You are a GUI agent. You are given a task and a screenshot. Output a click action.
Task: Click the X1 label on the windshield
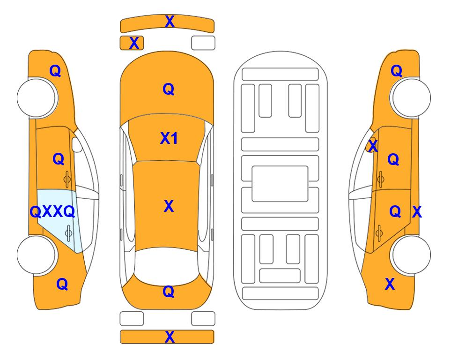169,139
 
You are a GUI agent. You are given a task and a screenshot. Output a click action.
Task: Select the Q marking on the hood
169,89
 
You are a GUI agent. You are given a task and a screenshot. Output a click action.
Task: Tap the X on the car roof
169,206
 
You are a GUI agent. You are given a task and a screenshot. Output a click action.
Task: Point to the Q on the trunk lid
169,292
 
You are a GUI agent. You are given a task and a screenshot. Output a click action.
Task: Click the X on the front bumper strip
170,22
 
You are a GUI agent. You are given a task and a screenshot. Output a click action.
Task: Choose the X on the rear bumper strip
170,337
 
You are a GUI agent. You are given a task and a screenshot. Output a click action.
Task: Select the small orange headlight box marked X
132,43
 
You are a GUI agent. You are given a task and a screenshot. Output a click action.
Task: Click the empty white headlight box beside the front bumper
203,43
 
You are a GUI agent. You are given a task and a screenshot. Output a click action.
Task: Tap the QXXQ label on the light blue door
52,212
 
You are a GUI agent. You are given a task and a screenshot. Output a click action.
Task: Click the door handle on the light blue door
68,233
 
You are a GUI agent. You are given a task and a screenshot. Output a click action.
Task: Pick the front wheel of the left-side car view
37,97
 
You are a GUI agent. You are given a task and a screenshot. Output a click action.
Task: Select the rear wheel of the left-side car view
36,255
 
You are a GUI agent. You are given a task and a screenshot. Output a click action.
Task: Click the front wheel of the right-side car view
411,97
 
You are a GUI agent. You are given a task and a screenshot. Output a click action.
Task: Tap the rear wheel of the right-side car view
411,255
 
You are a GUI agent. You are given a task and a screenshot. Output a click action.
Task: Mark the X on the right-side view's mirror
373,145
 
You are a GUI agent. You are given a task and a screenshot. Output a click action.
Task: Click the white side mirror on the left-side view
77,144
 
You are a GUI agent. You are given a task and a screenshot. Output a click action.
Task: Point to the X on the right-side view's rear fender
390,284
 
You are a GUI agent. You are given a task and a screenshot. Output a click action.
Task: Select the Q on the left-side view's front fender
56,71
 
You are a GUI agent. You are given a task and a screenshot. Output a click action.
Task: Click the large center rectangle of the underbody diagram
280,184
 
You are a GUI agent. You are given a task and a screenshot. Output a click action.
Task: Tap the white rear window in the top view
167,265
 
